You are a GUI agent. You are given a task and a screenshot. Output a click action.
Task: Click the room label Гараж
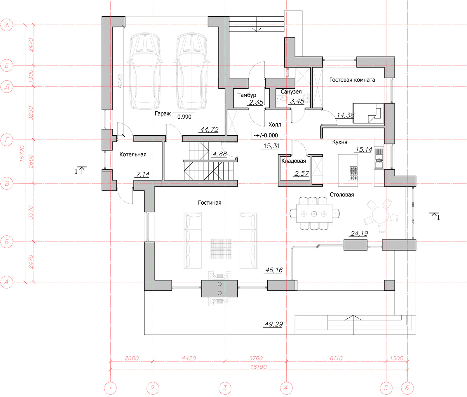163,114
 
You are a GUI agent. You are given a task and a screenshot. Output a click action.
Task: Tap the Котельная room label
133,155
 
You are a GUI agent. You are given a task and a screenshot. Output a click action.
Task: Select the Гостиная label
210,203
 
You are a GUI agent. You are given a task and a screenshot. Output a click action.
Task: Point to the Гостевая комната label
352,80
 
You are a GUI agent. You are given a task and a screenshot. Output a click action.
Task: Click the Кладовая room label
294,161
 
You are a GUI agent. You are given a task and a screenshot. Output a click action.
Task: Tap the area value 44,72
209,130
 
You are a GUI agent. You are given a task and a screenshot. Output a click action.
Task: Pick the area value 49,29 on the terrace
274,324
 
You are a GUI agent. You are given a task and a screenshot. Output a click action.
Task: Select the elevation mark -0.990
183,117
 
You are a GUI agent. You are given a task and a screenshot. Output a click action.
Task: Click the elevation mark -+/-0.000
266,135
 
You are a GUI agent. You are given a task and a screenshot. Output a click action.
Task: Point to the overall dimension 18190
259,367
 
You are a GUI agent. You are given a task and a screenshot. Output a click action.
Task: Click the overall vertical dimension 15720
22,154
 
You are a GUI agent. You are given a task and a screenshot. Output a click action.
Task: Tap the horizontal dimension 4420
189,358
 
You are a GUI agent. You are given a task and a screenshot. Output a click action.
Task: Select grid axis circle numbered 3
225,388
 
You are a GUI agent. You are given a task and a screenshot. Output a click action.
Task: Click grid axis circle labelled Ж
7,25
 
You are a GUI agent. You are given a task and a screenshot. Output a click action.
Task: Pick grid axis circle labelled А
7,282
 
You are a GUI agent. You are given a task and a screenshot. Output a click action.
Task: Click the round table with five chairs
381,215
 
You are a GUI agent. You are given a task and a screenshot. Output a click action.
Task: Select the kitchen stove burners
353,173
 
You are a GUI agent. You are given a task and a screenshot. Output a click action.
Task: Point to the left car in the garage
145,71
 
